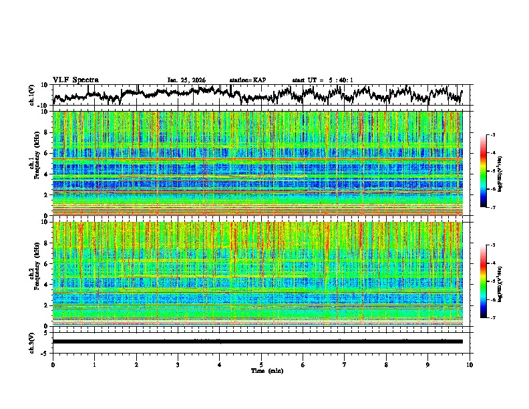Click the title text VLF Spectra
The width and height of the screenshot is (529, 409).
[75, 80]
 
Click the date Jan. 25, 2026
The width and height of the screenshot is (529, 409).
[186, 80]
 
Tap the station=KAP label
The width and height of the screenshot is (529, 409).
[247, 80]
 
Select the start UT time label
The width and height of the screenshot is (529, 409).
[323, 80]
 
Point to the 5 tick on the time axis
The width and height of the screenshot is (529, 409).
[261, 364]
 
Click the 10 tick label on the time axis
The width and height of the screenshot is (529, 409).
[470, 364]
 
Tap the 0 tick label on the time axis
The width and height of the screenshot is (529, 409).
[53, 364]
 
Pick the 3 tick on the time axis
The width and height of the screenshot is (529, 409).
[178, 364]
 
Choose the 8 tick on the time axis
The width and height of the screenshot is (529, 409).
[386, 364]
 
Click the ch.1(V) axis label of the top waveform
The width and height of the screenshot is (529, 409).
[31, 94]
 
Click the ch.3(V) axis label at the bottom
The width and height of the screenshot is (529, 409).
[31, 342]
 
